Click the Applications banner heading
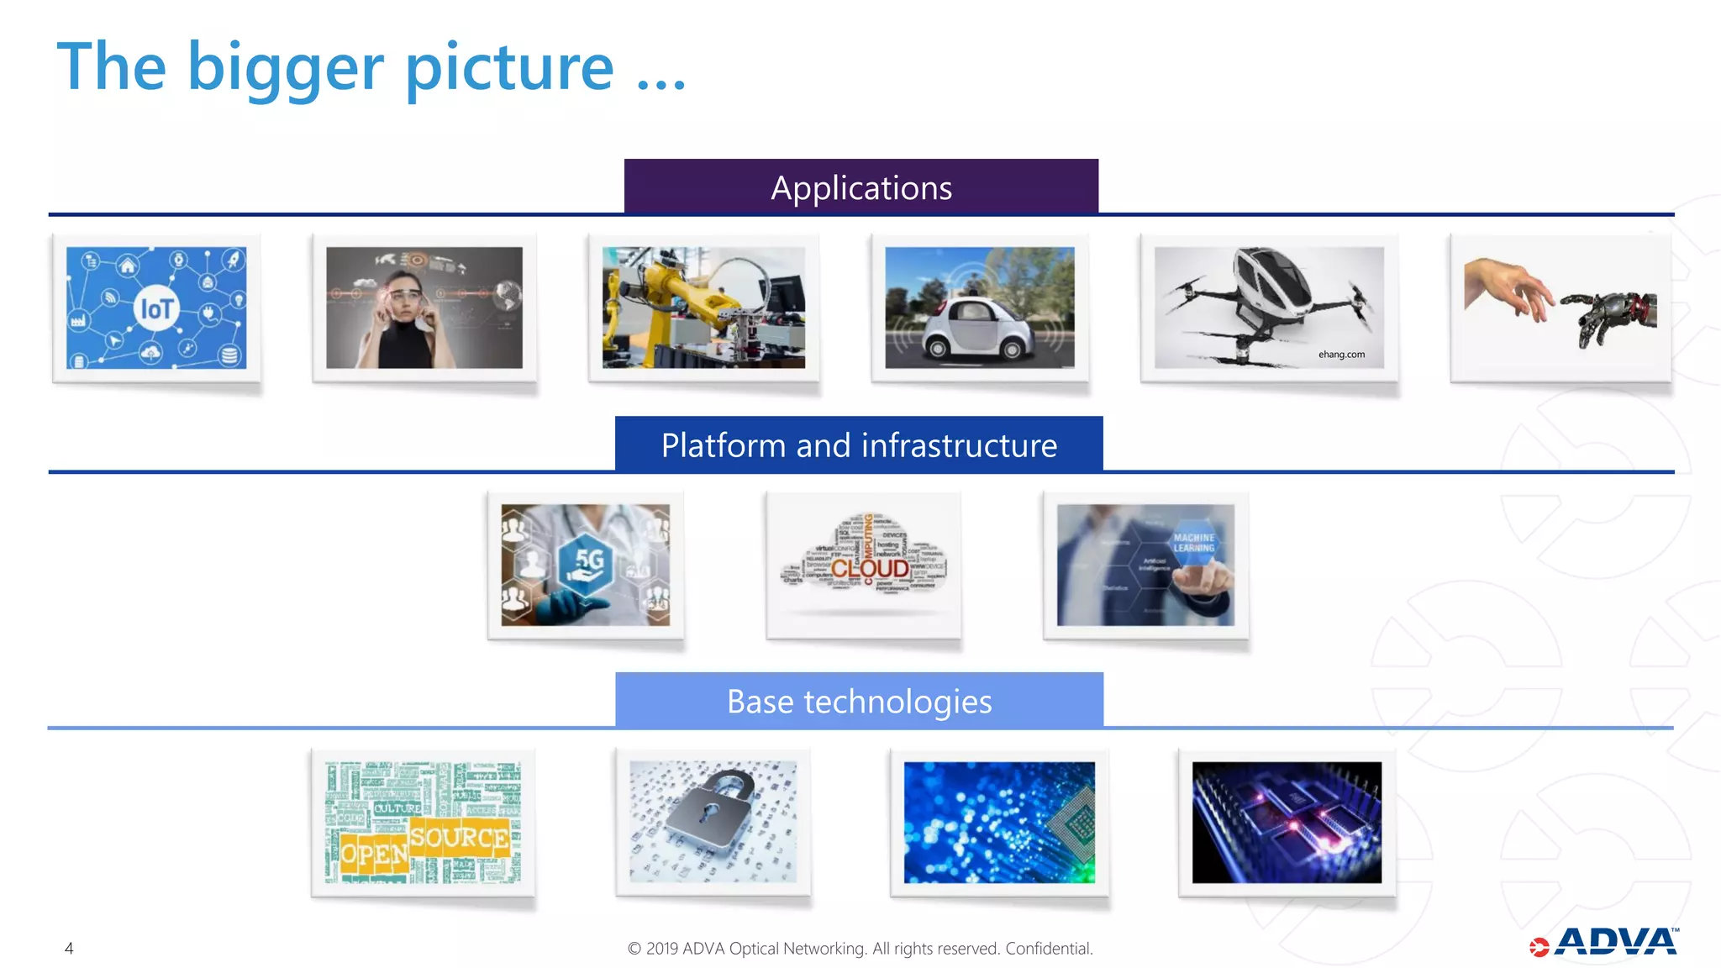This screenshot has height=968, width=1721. tap(860, 187)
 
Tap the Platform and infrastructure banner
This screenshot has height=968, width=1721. tap(859, 445)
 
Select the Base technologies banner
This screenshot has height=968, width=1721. tap(859, 701)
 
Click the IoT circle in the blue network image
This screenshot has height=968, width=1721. tap(156, 309)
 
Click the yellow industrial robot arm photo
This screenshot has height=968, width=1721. tap(703, 308)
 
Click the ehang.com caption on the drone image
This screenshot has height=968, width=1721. tap(1341, 355)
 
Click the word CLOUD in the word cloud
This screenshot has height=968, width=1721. tap(870, 569)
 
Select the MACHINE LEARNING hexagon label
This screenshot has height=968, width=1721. tap(1193, 543)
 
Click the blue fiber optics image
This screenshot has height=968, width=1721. tap(999, 822)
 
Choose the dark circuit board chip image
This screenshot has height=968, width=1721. tap(1287, 822)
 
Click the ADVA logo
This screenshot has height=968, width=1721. tap(1605, 943)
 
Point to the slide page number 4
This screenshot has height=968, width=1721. tap(69, 949)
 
